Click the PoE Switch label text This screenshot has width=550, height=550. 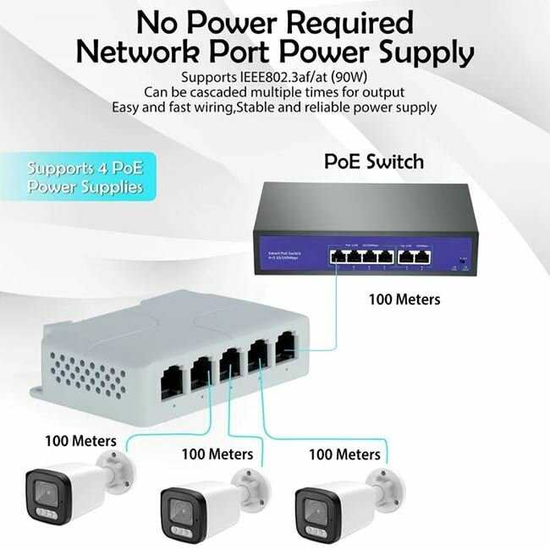point(374,161)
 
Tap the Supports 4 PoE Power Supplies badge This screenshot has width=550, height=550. point(85,176)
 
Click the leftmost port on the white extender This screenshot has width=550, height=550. point(172,382)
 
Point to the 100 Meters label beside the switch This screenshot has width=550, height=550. point(404,299)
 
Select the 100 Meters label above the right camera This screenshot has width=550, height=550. point(344,454)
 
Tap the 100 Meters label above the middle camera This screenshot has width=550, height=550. point(217,454)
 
